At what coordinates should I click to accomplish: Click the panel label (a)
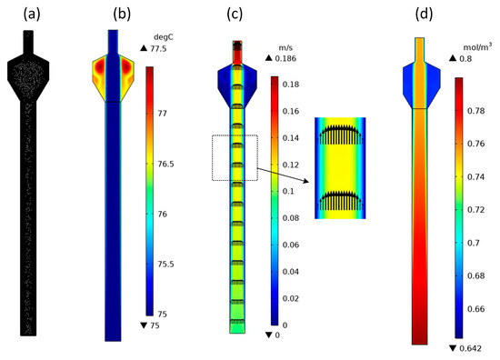32,15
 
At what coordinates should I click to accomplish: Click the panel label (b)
122,15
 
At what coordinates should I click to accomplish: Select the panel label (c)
235,15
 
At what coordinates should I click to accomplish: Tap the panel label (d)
425,15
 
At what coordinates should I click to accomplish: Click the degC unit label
164,37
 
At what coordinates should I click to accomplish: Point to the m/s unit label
285,48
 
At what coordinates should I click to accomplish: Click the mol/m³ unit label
477,47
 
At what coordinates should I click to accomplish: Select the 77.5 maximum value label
158,49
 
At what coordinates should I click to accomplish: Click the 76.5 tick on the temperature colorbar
165,164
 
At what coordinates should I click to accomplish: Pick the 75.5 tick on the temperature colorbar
165,265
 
